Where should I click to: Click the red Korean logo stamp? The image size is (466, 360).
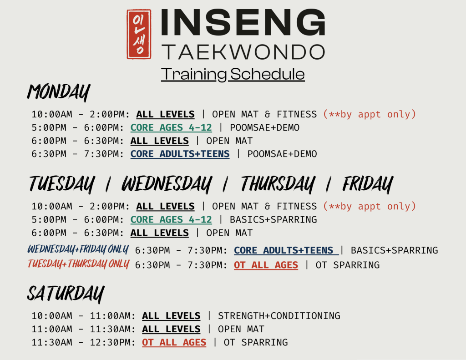[x=139, y=34]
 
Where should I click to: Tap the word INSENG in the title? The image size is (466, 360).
[x=243, y=22]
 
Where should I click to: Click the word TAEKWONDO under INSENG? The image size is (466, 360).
[x=243, y=52]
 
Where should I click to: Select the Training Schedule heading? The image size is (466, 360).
[x=233, y=74]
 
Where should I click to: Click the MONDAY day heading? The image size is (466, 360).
[x=59, y=92]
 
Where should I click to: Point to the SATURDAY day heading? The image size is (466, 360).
[x=66, y=294]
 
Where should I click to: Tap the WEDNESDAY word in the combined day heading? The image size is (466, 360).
[x=167, y=184]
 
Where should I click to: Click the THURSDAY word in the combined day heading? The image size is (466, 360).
[x=278, y=184]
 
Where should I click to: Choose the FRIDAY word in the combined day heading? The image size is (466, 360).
[x=368, y=184]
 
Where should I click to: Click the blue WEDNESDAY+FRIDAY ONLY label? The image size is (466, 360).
[x=78, y=249]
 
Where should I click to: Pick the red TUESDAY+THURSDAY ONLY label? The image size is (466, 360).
[x=78, y=264]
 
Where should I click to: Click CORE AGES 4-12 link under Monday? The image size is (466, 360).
[x=171, y=128]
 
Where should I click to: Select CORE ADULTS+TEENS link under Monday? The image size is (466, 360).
[x=180, y=154]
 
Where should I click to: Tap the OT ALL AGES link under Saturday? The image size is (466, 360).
[x=174, y=342]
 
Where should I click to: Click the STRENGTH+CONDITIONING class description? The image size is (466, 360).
[x=279, y=316]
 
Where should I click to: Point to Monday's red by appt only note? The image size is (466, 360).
[x=370, y=114]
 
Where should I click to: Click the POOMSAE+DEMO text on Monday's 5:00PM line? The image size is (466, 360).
[x=264, y=128]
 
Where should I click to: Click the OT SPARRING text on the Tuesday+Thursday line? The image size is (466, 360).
[x=347, y=265]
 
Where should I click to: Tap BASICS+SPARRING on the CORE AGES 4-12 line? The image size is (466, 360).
[x=274, y=220]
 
